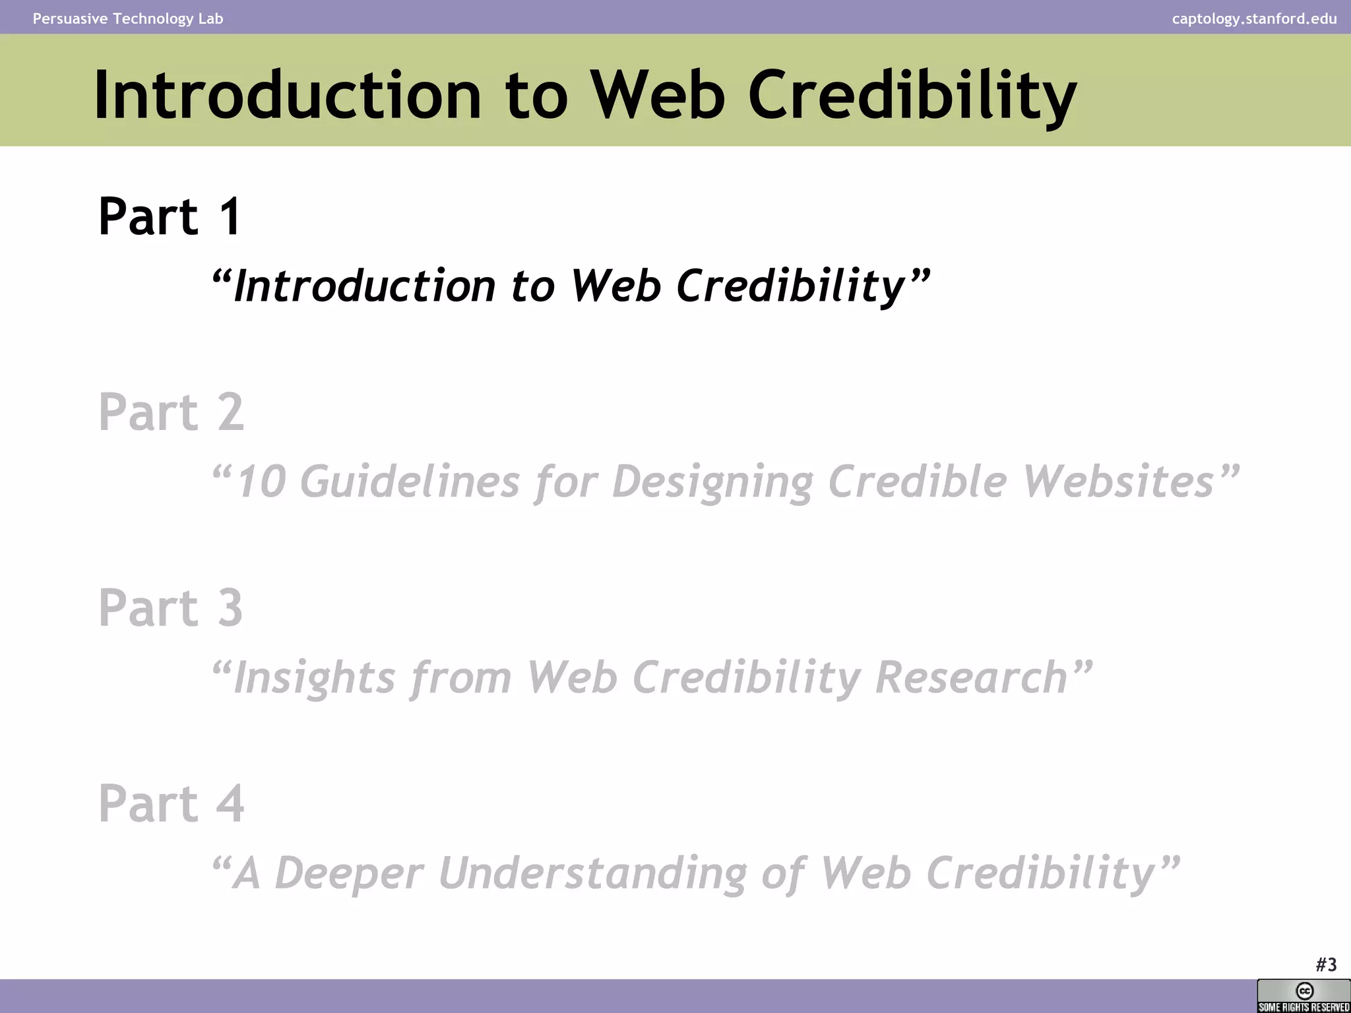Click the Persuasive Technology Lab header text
click(x=128, y=18)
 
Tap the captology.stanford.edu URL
click(x=1254, y=18)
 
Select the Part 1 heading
click(x=170, y=216)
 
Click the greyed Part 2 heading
click(x=171, y=412)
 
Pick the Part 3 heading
click(x=170, y=607)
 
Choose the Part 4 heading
click(x=171, y=803)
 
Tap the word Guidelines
click(x=410, y=481)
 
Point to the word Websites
click(x=1119, y=481)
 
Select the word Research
click(x=971, y=678)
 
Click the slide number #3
click(x=1326, y=965)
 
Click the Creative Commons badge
click(x=1304, y=996)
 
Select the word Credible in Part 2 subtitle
click(x=917, y=481)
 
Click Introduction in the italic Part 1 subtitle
click(x=364, y=286)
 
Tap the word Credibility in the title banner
click(x=912, y=96)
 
